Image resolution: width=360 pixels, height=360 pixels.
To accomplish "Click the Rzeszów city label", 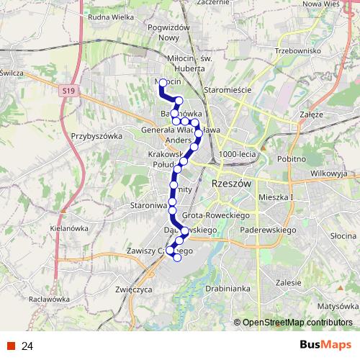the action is [x=231, y=184].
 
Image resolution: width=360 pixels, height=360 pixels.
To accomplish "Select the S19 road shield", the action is [x=68, y=91].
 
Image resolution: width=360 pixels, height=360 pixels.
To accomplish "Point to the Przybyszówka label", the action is [x=94, y=135].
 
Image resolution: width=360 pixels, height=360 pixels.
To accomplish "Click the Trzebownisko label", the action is [x=297, y=52].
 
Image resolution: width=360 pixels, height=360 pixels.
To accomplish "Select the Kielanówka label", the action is [x=50, y=228].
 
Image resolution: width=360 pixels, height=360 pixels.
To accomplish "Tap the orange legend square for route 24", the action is [x=11, y=346].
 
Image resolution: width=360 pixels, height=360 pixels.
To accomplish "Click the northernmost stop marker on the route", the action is [x=163, y=84].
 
